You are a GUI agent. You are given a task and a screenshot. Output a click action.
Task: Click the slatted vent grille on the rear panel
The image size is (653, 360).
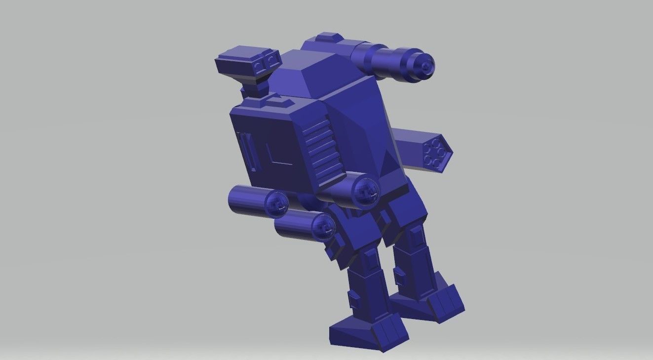pyautogui.click(x=321, y=148)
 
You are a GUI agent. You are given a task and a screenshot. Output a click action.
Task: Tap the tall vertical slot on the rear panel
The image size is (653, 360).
pyautogui.click(x=247, y=150)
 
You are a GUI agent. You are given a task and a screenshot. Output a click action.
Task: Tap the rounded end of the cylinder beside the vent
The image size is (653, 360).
pyautogui.click(x=366, y=190)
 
